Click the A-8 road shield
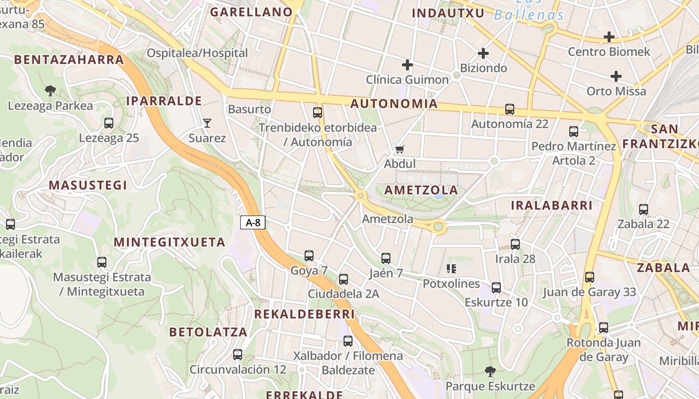click(x=253, y=222)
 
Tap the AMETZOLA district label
click(x=421, y=190)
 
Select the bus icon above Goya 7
click(x=309, y=256)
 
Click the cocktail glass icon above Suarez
click(x=207, y=123)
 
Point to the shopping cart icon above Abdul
click(x=399, y=149)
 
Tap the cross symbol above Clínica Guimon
click(x=407, y=64)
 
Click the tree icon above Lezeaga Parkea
click(x=50, y=91)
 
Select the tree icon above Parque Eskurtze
click(x=490, y=371)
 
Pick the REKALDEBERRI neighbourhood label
click(x=305, y=314)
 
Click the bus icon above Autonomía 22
click(x=510, y=109)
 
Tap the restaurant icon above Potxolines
click(x=451, y=269)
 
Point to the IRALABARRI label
click(x=552, y=205)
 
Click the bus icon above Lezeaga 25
click(x=109, y=123)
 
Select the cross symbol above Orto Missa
click(x=616, y=76)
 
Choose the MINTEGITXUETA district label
click(x=170, y=242)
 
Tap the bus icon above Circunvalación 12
click(x=238, y=355)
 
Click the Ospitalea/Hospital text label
click(x=197, y=53)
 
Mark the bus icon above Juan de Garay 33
click(x=590, y=277)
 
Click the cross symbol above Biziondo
click(x=483, y=53)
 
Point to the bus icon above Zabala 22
click(x=644, y=209)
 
